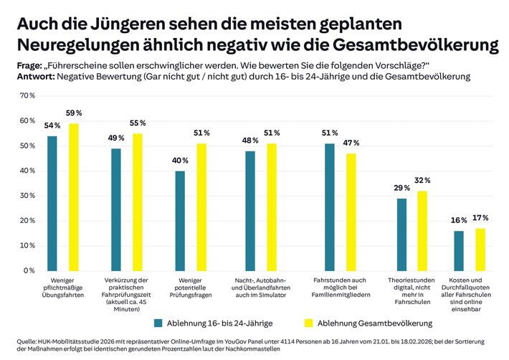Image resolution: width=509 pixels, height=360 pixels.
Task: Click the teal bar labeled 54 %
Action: coord(52,203)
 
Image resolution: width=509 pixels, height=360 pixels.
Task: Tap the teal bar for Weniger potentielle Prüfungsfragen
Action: coord(180,220)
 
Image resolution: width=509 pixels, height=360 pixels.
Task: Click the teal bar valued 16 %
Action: coord(459,250)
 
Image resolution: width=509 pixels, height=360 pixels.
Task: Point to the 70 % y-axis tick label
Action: coord(27,95)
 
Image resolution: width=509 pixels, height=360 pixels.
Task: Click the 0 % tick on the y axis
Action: coord(29,270)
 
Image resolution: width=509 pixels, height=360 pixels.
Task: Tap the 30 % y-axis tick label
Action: coord(27,196)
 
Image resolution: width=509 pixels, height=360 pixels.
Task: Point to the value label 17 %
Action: coord(480,217)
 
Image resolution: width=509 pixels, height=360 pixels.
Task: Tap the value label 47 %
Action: coord(351,143)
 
